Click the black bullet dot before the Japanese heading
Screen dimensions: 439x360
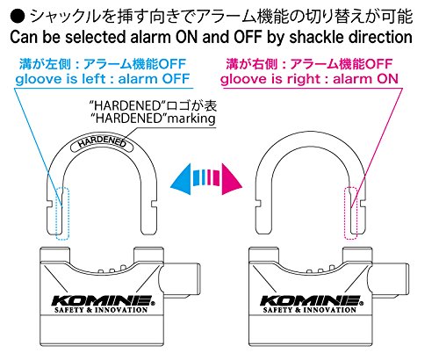18,17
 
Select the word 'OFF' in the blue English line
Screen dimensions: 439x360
176,79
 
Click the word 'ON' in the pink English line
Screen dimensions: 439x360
387,79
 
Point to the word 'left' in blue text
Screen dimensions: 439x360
94,79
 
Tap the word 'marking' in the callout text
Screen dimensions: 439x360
192,119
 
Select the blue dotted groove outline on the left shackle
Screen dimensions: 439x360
62,213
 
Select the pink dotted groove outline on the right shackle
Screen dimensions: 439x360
350,213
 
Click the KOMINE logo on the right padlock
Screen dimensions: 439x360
312,301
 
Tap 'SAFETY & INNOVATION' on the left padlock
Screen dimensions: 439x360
101,310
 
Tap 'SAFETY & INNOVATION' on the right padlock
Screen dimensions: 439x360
310,310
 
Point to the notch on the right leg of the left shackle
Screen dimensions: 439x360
155,204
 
